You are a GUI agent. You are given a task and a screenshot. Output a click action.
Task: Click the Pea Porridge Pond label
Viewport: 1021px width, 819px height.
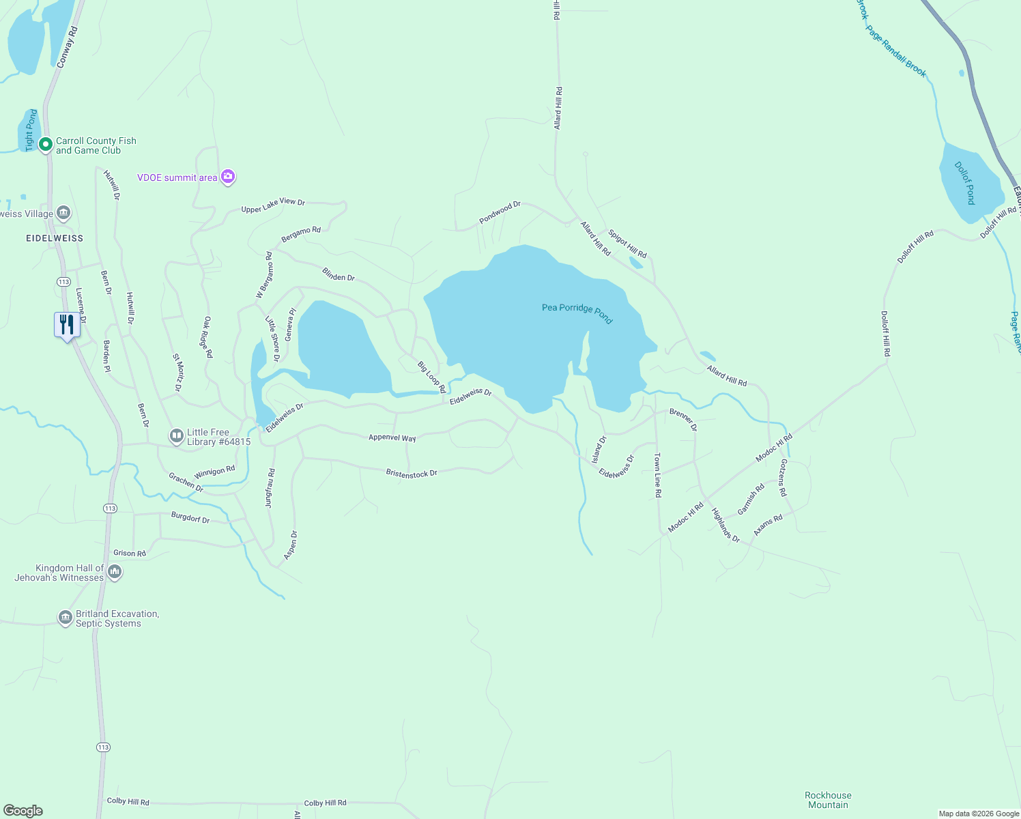point(577,311)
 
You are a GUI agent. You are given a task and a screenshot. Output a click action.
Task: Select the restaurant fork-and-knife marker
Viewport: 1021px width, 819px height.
point(67,324)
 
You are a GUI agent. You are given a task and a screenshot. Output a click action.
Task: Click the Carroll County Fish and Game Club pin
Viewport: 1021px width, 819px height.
point(46,145)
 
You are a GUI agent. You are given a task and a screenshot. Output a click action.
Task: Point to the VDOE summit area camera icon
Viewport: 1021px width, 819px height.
point(228,177)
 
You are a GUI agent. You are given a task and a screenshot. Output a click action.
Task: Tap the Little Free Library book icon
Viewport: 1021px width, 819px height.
point(176,436)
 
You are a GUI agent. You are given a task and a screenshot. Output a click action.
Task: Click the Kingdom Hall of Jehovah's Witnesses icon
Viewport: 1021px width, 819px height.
point(115,572)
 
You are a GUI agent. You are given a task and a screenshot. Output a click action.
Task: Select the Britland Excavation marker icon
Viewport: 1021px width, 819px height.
point(66,618)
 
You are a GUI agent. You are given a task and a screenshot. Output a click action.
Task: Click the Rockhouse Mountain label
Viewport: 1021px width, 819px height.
point(828,800)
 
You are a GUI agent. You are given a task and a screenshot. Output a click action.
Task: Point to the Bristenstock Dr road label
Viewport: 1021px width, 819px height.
point(412,473)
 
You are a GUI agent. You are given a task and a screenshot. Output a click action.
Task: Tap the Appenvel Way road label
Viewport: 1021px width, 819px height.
point(392,437)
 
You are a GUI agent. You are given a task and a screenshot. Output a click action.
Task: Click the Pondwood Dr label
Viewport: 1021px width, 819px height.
point(500,212)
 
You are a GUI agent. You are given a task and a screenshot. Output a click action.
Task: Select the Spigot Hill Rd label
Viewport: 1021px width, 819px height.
point(627,244)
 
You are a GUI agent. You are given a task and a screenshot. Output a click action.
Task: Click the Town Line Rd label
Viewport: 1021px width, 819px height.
point(657,475)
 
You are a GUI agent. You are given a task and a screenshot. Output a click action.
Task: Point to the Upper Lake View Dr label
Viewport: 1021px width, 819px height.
point(273,205)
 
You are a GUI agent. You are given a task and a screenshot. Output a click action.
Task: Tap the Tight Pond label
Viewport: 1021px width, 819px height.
point(31,130)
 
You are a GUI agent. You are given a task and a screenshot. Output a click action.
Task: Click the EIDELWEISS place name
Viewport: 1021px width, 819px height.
point(55,238)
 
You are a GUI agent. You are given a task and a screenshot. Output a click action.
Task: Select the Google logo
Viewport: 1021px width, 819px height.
point(23,811)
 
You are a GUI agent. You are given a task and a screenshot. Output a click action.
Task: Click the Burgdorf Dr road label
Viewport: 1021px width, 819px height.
point(190,518)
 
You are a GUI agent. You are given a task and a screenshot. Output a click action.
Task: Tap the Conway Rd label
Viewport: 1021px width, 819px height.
point(67,47)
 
